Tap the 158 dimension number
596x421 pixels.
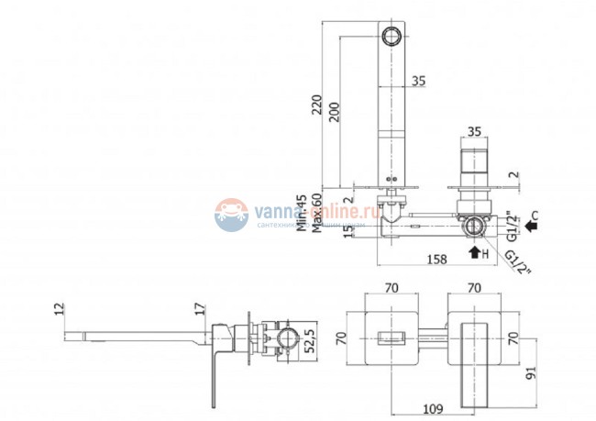coord(438,260)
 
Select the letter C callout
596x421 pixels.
coord(535,217)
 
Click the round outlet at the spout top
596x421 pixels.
coord(392,38)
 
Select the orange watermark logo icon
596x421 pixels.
coord(232,215)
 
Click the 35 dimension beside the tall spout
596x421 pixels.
coord(419,82)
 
